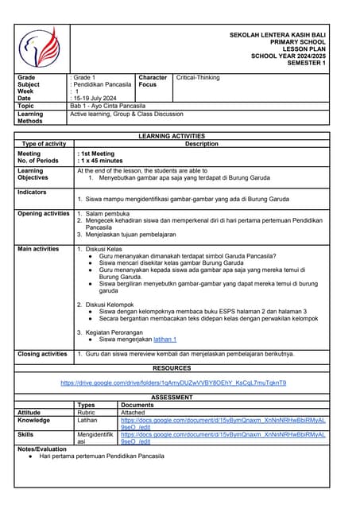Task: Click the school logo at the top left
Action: click(40, 47)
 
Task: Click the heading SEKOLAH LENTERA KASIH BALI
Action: click(282, 35)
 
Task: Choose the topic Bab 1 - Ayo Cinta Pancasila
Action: click(107, 106)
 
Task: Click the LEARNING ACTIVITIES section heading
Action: click(172, 137)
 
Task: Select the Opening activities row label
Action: click(44, 214)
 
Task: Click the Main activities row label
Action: click(38, 249)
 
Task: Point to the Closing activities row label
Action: click(42, 354)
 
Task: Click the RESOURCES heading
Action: click(172, 368)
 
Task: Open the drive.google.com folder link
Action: click(173, 383)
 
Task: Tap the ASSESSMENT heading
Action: click(172, 397)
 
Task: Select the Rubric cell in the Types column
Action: click(87, 413)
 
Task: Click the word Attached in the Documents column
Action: click(133, 413)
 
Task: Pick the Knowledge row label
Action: click(34, 420)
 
